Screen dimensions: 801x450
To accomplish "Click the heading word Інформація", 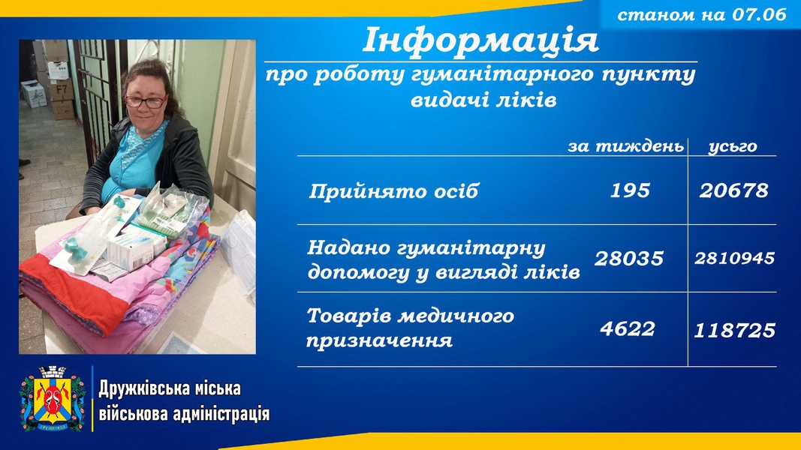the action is point(480,40).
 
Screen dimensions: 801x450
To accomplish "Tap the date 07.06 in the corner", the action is point(759,14).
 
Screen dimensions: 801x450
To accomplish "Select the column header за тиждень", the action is point(626,146).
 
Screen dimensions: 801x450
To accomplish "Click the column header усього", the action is point(733,147).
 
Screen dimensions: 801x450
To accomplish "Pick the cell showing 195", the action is point(630,190).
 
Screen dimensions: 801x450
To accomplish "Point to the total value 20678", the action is point(733,190).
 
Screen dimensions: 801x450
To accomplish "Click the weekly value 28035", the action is point(629,259).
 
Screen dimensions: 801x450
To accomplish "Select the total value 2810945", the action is point(735,259).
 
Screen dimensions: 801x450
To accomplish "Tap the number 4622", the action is point(628,329).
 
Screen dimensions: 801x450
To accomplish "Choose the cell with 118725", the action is point(735,331).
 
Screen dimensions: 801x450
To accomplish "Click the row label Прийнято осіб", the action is point(393,191).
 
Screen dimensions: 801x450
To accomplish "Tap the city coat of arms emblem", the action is point(52,398).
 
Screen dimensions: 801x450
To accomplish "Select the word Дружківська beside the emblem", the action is point(139,388).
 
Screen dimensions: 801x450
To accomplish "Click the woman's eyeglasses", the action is point(145,101).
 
